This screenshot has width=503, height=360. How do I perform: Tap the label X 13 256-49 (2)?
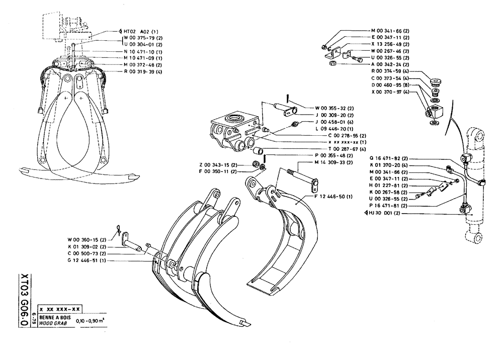(390, 44)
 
